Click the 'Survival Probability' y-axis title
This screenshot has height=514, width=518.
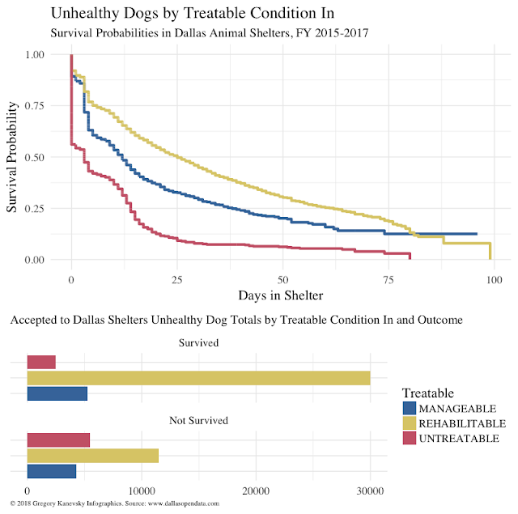click(x=13, y=158)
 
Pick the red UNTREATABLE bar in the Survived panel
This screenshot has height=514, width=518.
click(x=41, y=362)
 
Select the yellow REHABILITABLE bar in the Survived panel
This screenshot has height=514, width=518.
click(x=198, y=378)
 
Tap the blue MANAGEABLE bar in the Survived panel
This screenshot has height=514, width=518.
click(x=57, y=393)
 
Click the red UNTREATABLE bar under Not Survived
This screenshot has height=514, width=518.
click(x=58, y=440)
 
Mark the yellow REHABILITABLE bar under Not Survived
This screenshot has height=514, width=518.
click(x=92, y=455)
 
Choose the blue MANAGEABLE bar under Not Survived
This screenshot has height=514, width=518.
click(x=51, y=471)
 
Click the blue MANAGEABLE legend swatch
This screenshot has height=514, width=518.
click(x=410, y=409)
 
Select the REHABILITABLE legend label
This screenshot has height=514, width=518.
click(x=462, y=423)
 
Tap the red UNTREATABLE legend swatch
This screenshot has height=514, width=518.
click(x=410, y=438)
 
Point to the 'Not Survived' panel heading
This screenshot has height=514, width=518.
click(x=198, y=420)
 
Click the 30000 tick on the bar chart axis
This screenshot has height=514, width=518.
click(x=370, y=491)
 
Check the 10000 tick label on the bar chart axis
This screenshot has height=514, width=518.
click(x=142, y=491)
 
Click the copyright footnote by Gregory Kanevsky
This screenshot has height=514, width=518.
click(x=113, y=504)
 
